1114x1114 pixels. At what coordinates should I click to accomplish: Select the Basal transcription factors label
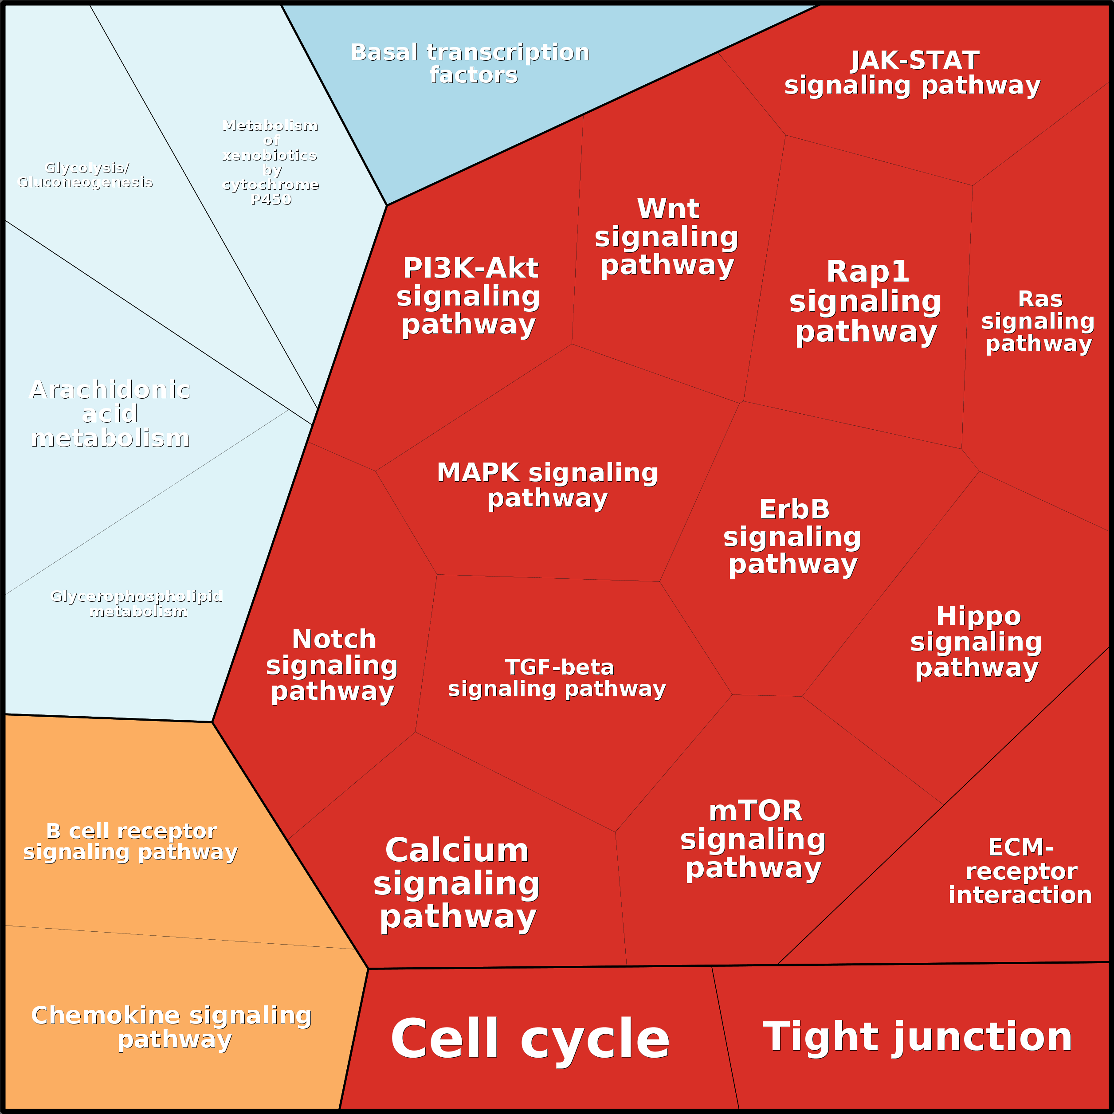pyautogui.click(x=471, y=63)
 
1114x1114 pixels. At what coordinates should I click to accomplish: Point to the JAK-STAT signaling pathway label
pyautogui.click(x=913, y=73)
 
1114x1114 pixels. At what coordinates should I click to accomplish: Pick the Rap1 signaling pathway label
pyautogui.click(x=866, y=301)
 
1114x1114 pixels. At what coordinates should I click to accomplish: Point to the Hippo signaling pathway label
pyautogui.click(x=977, y=642)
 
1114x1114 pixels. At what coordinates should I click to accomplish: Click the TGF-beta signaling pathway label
pyautogui.click(x=557, y=678)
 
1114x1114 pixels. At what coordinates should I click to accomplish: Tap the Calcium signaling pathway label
pyautogui.click(x=457, y=883)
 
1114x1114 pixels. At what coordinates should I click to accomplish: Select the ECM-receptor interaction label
pyautogui.click(x=1020, y=871)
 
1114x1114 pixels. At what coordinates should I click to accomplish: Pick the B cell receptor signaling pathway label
pyautogui.click(x=131, y=841)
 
